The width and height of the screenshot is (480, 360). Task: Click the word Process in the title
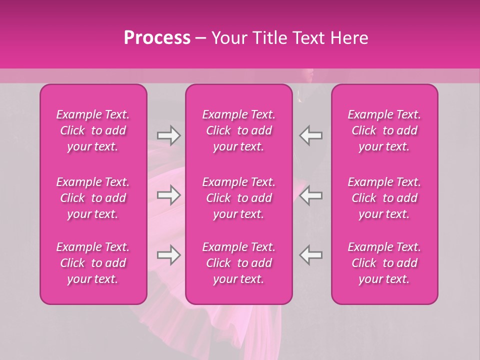click(157, 38)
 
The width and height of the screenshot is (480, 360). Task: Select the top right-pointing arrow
click(168, 135)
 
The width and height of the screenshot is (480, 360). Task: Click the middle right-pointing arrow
click(168, 195)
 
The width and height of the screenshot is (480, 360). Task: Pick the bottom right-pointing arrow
click(168, 255)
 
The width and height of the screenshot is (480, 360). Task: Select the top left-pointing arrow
click(311, 135)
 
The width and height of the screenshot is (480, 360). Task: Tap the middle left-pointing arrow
click(311, 195)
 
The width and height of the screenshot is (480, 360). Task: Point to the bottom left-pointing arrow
click(311, 255)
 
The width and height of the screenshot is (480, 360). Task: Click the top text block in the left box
click(93, 130)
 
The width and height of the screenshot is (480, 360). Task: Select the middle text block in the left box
click(93, 198)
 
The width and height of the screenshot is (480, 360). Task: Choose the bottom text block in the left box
click(93, 263)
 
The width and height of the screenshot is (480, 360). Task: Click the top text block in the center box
click(239, 130)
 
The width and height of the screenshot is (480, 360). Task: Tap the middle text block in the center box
click(239, 198)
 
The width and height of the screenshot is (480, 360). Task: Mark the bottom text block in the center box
click(239, 263)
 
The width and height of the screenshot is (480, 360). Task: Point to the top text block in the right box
click(384, 130)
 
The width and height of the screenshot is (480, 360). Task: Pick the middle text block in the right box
click(384, 198)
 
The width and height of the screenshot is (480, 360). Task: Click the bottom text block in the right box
click(384, 263)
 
